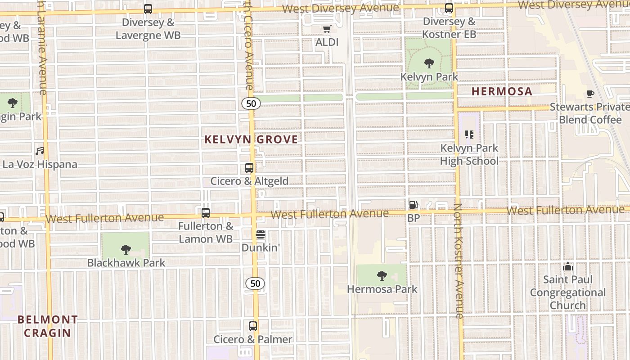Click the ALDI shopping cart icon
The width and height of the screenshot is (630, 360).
(x=327, y=29)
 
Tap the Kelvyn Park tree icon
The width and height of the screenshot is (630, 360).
(x=429, y=63)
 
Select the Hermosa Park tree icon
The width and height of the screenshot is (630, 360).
(x=382, y=275)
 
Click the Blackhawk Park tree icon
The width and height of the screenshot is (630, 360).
(x=126, y=249)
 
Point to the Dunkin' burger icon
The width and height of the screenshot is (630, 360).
(x=261, y=234)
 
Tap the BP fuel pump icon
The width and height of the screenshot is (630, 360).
(x=413, y=205)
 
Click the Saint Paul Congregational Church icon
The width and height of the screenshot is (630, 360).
(x=568, y=266)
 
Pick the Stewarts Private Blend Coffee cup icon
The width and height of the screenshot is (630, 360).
(x=590, y=94)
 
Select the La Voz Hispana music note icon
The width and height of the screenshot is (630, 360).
(x=40, y=151)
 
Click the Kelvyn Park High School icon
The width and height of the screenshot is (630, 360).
(x=469, y=135)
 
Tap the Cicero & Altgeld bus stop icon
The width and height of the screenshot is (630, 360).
(x=249, y=168)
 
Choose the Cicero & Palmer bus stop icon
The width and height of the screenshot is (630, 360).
(x=253, y=326)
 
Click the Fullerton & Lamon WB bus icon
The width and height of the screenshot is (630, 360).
(x=206, y=213)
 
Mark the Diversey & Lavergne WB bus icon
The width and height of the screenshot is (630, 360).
(x=148, y=9)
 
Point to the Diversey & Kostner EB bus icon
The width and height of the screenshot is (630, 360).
(x=449, y=8)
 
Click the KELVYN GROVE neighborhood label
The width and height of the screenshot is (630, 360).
(x=251, y=139)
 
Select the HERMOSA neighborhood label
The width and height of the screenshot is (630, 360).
(x=502, y=91)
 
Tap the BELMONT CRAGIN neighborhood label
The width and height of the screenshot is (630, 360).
(x=47, y=326)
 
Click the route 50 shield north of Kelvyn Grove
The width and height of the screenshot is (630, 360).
(x=251, y=103)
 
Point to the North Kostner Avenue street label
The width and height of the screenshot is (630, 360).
(x=459, y=261)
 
